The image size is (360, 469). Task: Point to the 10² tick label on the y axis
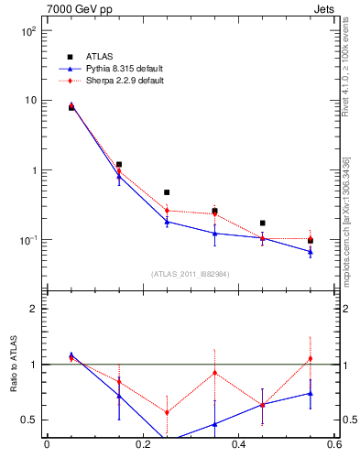click(29, 30)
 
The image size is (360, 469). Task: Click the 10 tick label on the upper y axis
click(32, 100)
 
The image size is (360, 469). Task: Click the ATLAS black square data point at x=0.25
click(167, 192)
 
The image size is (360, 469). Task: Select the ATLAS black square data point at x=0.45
click(263, 223)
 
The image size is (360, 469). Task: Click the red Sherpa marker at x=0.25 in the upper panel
click(167, 211)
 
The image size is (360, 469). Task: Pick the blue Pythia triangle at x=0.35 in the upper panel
click(214, 233)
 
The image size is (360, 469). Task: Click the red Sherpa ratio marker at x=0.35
click(214, 373)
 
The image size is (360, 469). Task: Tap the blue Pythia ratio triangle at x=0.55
click(311, 393)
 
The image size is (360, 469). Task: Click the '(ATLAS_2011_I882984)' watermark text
click(191, 274)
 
